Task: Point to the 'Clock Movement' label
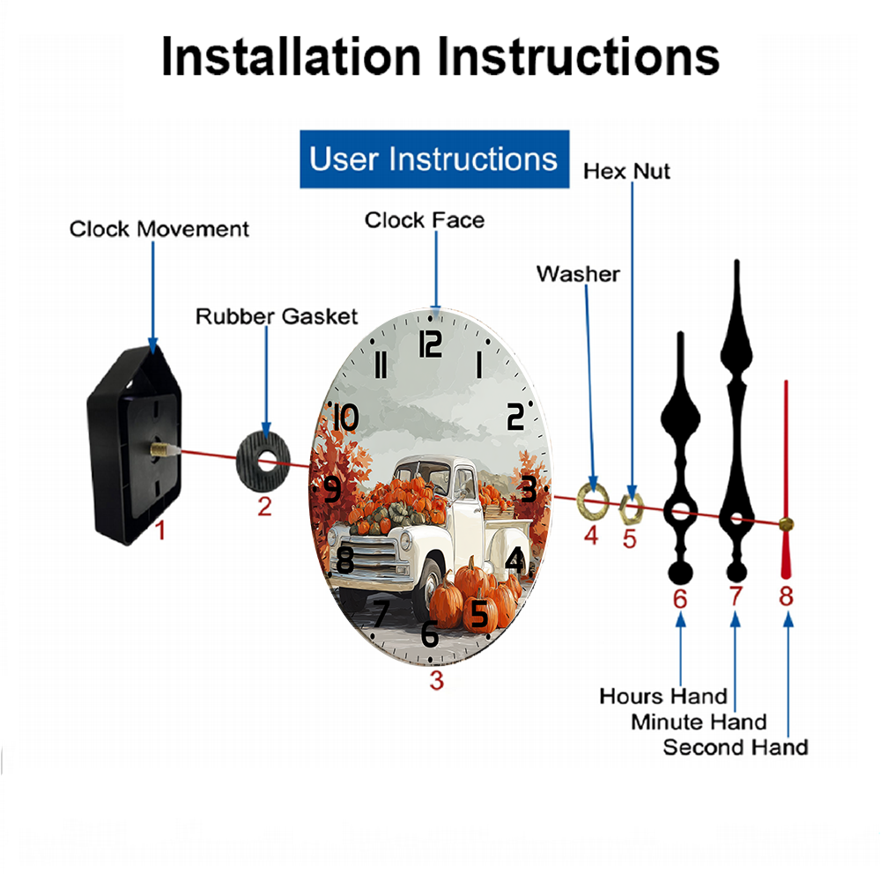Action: point(159,229)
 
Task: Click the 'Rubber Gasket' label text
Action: point(277,316)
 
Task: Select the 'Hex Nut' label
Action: point(626,172)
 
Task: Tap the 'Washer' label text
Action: point(578,274)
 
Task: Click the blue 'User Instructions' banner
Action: point(434,159)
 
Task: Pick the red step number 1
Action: point(160,529)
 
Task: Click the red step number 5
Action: point(629,539)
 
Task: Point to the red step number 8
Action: point(786,596)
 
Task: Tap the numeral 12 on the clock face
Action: point(431,344)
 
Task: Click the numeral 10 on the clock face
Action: point(346,418)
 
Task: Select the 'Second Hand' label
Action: point(736,748)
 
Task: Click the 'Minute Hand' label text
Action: point(699,722)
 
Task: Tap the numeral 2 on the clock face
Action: point(515,417)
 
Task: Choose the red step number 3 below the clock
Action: point(437,680)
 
